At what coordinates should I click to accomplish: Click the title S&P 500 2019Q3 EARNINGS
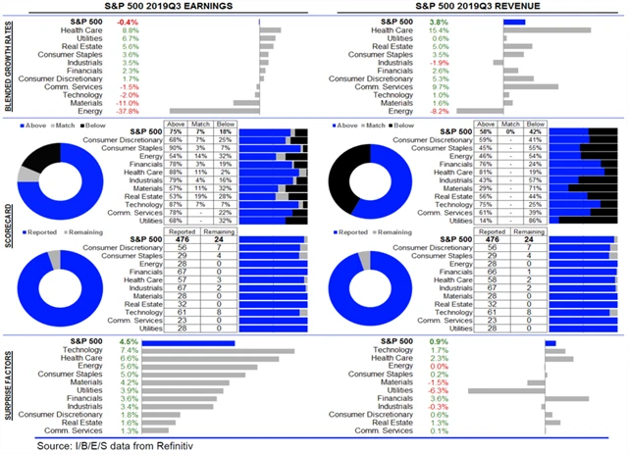(156, 8)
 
